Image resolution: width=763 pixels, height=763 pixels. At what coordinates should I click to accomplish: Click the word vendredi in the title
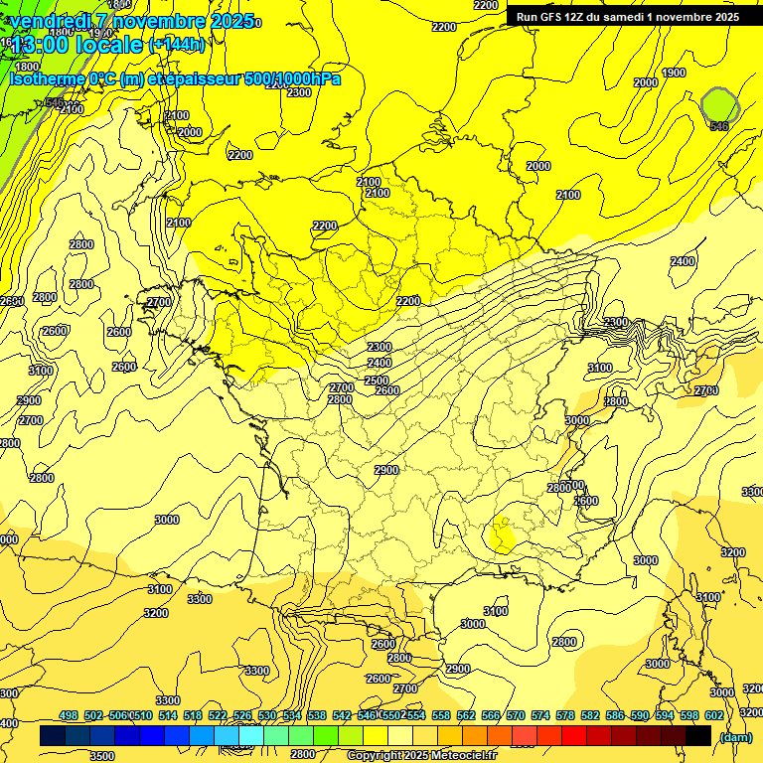[x=55, y=21]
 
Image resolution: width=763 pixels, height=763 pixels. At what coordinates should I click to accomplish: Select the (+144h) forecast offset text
[x=177, y=45]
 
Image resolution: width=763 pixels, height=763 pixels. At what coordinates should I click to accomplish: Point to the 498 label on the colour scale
[x=69, y=715]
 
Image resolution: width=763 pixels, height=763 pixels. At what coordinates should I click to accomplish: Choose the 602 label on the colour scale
[x=714, y=715]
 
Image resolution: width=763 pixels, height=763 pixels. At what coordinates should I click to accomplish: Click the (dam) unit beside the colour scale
[x=736, y=736]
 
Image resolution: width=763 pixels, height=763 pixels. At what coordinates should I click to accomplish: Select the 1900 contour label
[x=674, y=73]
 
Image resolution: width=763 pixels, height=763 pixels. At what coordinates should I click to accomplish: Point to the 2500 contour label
[x=377, y=381]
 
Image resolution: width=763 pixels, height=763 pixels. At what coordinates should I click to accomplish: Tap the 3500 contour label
[x=101, y=756]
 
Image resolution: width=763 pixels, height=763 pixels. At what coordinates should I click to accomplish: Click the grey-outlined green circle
[x=719, y=104]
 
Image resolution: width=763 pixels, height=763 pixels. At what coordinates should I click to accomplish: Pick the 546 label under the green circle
[x=719, y=126]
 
